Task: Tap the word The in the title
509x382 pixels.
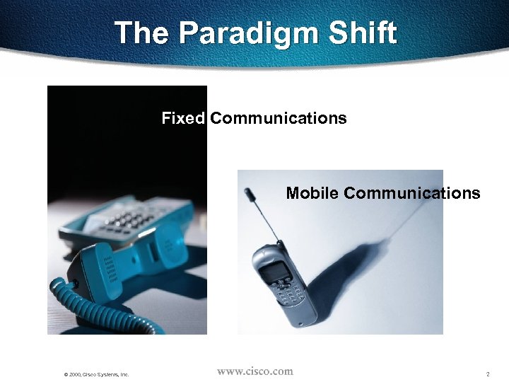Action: (x=144, y=33)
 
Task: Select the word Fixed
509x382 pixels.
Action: (x=183, y=118)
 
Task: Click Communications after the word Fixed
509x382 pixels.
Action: (x=279, y=118)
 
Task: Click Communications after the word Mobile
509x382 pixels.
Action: (x=412, y=193)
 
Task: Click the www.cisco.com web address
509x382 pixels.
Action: (x=255, y=371)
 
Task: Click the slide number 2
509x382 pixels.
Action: (x=488, y=374)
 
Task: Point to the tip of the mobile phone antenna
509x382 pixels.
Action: (x=247, y=192)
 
